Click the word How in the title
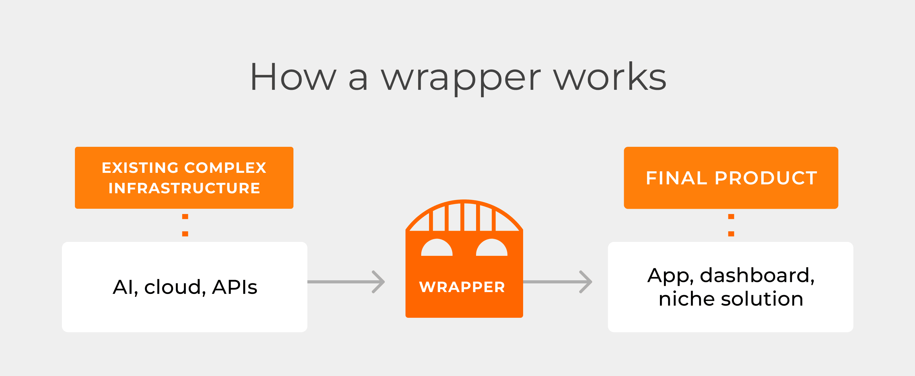coord(293,77)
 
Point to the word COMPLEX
coord(225,168)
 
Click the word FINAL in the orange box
coord(676,178)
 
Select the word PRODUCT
coord(766,178)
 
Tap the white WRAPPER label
coord(462,287)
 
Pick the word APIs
coord(234,287)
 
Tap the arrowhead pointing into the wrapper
coord(379,282)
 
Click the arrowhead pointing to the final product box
coord(586,282)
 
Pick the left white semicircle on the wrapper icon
coord(437,248)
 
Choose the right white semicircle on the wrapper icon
coord(492,248)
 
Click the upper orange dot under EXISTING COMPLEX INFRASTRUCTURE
coord(185,216)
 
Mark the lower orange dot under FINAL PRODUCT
coord(731,234)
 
